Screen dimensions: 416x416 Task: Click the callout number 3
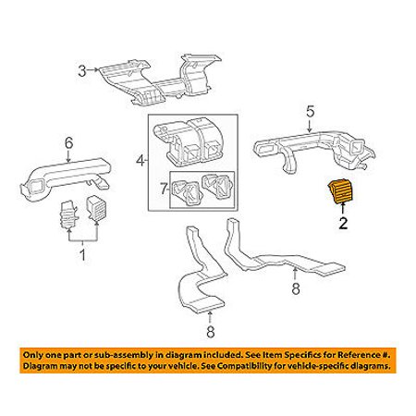tap(81, 71)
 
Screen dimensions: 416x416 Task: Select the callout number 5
tap(311, 111)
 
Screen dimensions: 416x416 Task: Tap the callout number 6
tap(69, 143)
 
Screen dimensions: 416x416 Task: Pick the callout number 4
tap(141, 160)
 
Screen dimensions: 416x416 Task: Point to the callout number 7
tap(164, 189)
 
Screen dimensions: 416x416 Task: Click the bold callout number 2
tap(343, 223)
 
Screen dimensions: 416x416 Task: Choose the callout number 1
tap(82, 255)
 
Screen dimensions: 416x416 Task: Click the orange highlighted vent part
tap(341, 192)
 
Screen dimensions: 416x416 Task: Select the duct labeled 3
tap(160, 80)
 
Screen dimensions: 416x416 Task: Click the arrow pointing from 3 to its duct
tap(92, 70)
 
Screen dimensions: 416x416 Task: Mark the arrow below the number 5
tap(310, 126)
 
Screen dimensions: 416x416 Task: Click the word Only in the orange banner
tap(32, 355)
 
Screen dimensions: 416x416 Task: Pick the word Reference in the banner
tap(357, 355)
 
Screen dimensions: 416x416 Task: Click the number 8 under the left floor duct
tap(210, 332)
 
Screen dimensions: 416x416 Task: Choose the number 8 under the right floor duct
tap(296, 288)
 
